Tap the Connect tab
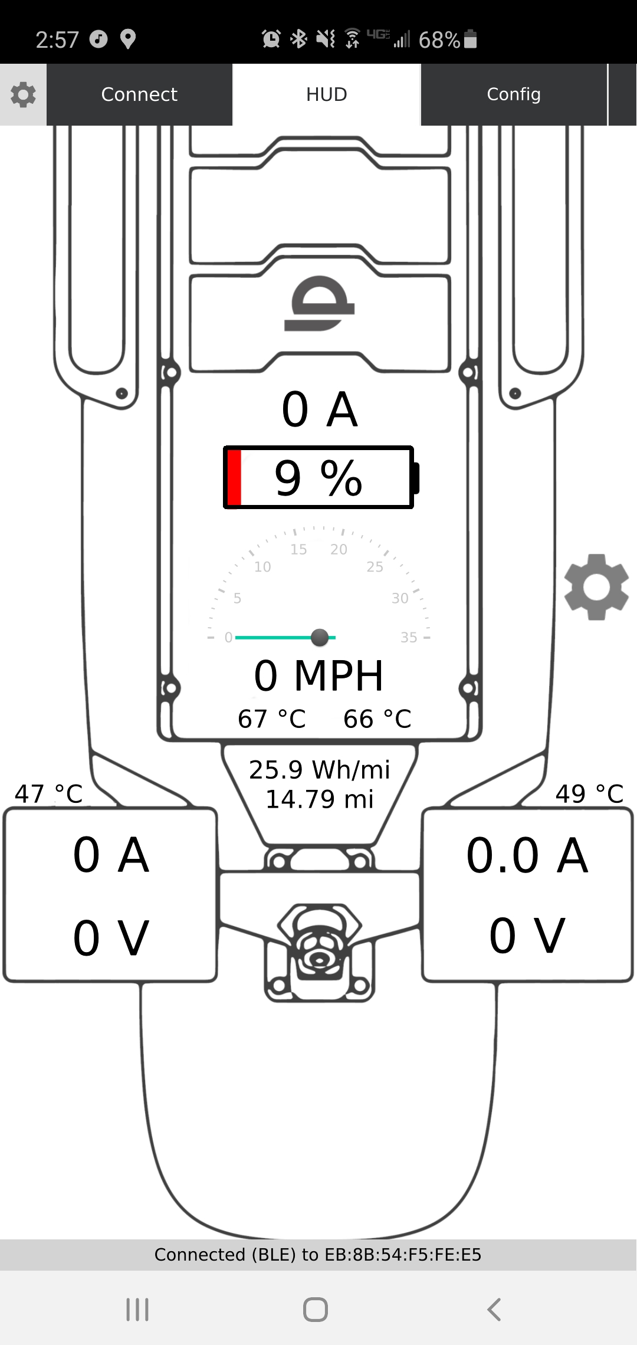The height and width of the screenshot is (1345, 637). pyautogui.click(x=139, y=94)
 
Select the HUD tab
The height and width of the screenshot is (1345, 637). pyautogui.click(x=327, y=94)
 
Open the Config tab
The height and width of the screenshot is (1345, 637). pyautogui.click(x=514, y=94)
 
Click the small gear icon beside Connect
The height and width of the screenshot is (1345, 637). pyautogui.click(x=23, y=94)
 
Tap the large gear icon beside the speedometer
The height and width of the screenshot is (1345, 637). pyautogui.click(x=596, y=587)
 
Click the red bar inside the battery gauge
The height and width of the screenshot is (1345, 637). pyautogui.click(x=234, y=477)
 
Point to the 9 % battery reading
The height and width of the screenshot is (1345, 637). pyautogui.click(x=318, y=477)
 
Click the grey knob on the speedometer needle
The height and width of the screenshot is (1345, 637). pyautogui.click(x=320, y=637)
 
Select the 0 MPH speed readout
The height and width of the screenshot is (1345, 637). pyautogui.click(x=318, y=675)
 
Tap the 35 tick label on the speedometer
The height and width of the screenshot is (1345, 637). pyautogui.click(x=409, y=637)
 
